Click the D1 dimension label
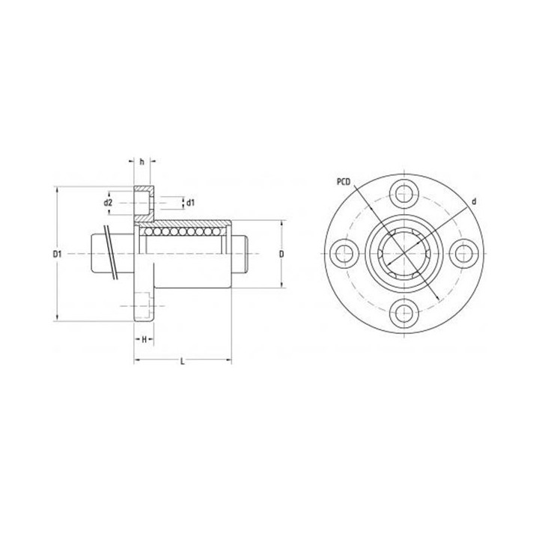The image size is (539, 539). coord(57,255)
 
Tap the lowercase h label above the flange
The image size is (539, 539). coord(141,162)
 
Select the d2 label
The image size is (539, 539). coord(108,202)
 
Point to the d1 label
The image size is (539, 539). coord(190,203)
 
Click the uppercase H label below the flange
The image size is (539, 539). coord(144,340)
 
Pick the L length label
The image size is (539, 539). coord(183,362)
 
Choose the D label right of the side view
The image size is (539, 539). coord(281,255)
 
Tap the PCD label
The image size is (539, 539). coord(344,182)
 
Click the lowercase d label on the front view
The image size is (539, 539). coord(474,201)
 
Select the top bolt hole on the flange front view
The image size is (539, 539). coord(404,194)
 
